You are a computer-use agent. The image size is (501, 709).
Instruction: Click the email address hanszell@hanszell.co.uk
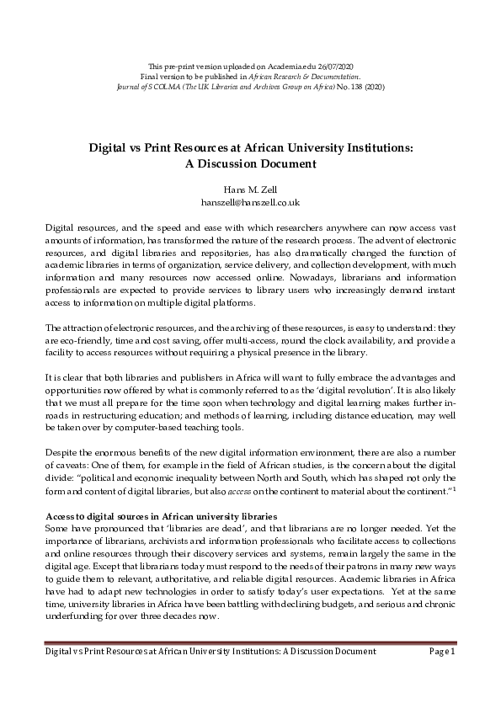point(251,203)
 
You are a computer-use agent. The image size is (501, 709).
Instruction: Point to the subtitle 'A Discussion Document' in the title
point(251,163)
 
